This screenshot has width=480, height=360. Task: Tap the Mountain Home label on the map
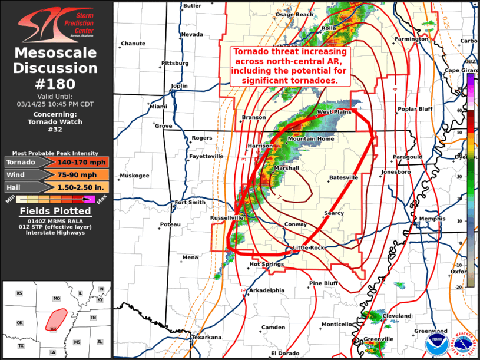pyautogui.click(x=310, y=139)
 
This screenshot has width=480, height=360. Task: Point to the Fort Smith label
pyautogui.click(x=190, y=202)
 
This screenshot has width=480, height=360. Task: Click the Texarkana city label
pyautogui.click(x=206, y=338)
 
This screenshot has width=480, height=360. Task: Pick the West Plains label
pyautogui.click(x=334, y=111)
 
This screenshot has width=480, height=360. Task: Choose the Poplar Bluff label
pyautogui.click(x=415, y=108)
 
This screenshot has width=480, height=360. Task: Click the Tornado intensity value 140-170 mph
pyautogui.click(x=74, y=162)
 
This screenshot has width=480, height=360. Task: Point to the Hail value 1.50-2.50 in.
pyautogui.click(x=74, y=187)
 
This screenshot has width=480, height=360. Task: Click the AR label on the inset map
pyautogui.click(x=54, y=329)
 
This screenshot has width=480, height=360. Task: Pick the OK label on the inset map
pyautogui.click(x=19, y=323)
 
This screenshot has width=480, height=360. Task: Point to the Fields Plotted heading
pyautogui.click(x=56, y=211)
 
